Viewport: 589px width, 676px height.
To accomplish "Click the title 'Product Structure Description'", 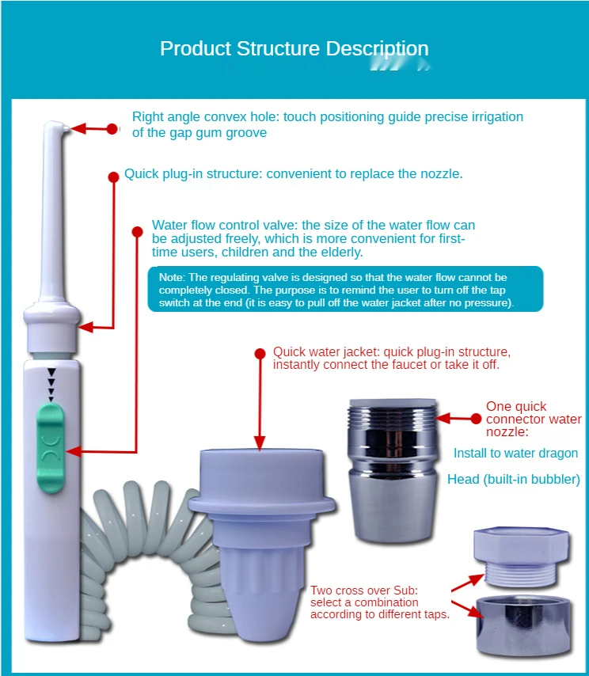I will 294,48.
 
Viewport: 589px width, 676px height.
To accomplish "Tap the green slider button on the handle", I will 51,448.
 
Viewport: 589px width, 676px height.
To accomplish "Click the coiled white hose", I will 142,554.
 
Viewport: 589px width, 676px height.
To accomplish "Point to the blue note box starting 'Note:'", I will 345,290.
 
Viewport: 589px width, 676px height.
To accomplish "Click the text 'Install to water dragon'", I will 515,454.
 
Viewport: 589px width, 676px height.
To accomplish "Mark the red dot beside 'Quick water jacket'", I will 259,353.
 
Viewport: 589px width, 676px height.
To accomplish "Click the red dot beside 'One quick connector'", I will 476,418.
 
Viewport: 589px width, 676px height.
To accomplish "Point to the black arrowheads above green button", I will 51,384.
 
